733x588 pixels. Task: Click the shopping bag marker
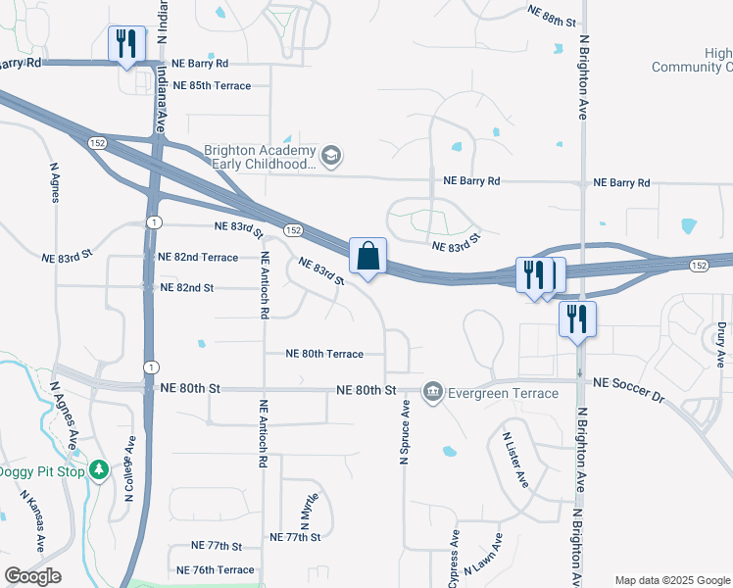point(367,257)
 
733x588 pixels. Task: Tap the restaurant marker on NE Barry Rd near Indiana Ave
point(126,44)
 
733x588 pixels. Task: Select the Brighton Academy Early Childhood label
point(261,158)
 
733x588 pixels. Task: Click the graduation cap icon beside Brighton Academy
point(331,155)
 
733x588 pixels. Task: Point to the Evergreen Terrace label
point(502,393)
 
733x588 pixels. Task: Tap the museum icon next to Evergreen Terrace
point(432,393)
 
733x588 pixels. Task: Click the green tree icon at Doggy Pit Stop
point(99,471)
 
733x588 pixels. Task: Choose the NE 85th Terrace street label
point(212,85)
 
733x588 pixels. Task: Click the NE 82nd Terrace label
point(198,257)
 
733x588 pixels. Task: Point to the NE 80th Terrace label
point(324,354)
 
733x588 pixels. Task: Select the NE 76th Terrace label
point(216,569)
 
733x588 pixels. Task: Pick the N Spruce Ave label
point(403,437)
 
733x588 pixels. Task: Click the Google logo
point(32,576)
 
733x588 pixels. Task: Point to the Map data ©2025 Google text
point(672,580)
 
